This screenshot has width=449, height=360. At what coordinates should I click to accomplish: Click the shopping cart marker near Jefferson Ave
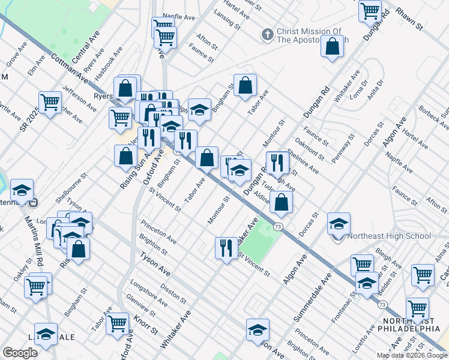[50, 102]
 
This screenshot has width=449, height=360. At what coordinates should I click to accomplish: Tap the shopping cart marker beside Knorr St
[117, 324]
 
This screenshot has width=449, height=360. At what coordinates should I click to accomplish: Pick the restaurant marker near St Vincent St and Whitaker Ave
[226, 248]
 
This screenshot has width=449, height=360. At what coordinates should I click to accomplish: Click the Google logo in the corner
[20, 353]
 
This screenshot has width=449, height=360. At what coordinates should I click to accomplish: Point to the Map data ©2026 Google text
[412, 355]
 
